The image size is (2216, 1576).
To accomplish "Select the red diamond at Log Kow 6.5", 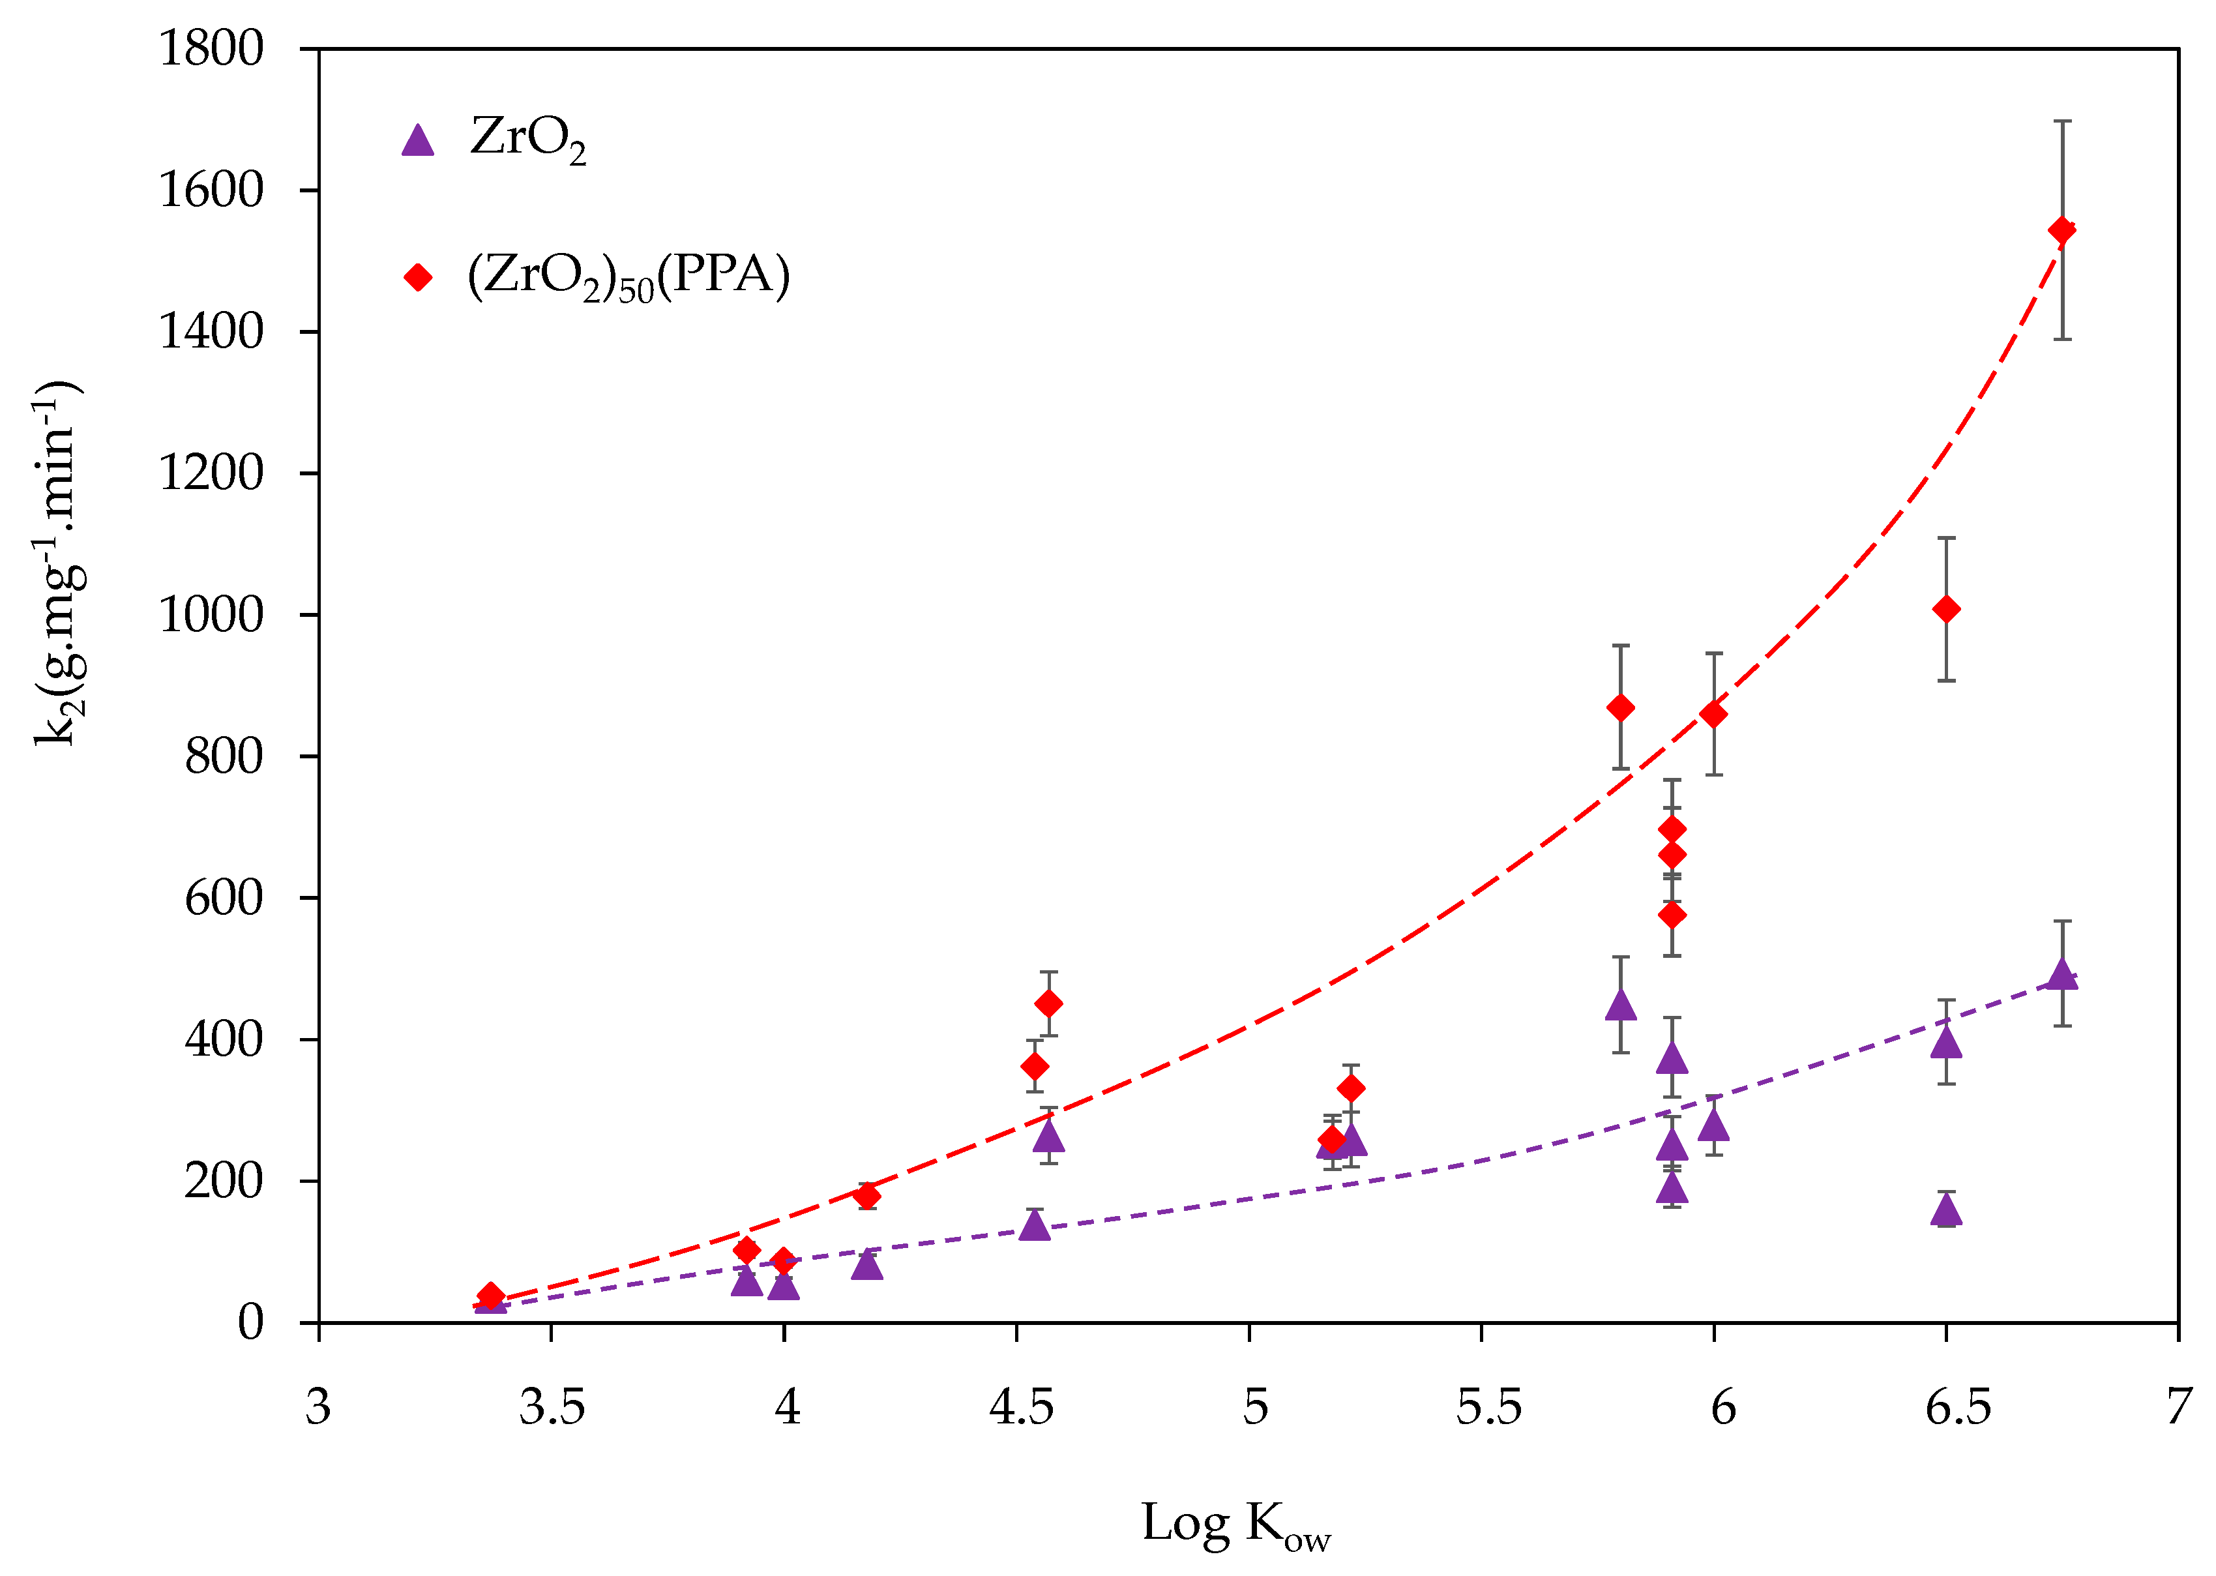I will [x=1945, y=610].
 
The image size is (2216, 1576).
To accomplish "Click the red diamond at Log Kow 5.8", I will [x=1620, y=707].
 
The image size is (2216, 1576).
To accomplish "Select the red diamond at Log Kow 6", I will [x=1713, y=714].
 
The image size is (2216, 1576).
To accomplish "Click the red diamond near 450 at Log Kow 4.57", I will [x=1048, y=1004].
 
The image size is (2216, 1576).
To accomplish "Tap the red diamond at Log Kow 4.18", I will [x=867, y=1195].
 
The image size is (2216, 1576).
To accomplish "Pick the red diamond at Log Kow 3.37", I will [x=491, y=1296].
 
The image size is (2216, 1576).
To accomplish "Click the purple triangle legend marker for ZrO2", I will [x=417, y=141].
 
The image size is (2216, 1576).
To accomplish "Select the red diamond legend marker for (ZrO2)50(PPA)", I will [x=417, y=278].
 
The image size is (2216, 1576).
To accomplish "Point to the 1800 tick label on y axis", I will [x=211, y=48].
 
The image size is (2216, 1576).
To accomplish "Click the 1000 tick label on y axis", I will [x=211, y=614].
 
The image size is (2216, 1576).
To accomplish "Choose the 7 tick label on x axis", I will [x=2179, y=1407].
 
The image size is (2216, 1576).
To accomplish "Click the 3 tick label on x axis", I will [x=318, y=1407].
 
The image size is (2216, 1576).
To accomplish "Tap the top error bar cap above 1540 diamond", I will [x=2061, y=121].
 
